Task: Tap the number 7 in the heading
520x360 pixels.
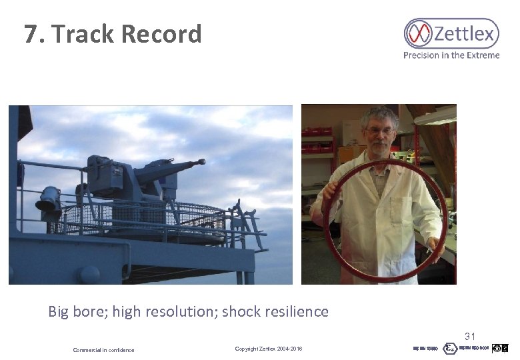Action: point(31,34)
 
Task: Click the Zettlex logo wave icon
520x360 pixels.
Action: point(419,33)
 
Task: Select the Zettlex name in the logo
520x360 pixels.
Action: point(465,33)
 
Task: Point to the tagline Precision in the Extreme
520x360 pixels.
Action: point(451,55)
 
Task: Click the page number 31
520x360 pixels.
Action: point(470,337)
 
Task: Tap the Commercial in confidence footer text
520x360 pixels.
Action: point(103,350)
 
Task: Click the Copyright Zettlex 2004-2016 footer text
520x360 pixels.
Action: point(269,349)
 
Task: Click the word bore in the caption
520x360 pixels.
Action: point(90,311)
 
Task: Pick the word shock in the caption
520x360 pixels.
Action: point(241,311)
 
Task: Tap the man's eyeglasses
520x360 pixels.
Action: point(379,131)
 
